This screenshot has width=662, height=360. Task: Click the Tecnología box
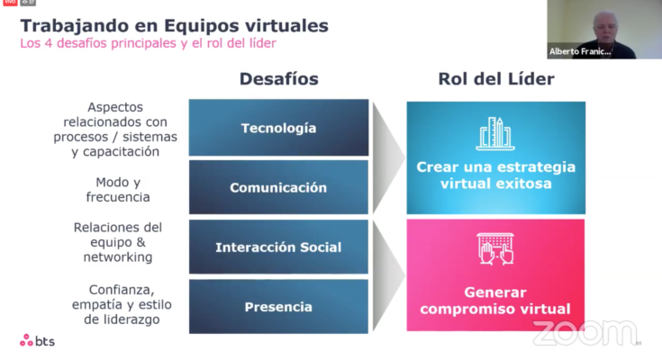click(278, 128)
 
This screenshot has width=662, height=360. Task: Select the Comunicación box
click(278, 187)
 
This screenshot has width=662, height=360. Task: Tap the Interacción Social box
click(278, 247)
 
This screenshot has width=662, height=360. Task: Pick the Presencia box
click(278, 306)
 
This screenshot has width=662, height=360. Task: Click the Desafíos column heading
click(279, 79)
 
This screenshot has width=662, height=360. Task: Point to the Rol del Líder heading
click(496, 79)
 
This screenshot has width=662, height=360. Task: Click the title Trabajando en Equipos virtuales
click(175, 26)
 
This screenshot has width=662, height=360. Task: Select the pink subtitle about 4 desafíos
click(149, 43)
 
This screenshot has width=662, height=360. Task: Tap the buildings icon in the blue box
click(495, 133)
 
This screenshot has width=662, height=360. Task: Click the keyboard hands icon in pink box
click(495, 248)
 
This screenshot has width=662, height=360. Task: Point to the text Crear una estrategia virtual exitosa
click(495, 175)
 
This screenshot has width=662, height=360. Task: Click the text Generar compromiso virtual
click(495, 301)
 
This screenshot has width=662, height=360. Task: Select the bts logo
click(37, 340)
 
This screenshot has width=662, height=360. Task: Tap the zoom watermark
click(585, 333)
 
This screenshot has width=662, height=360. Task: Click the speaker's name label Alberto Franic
click(580, 51)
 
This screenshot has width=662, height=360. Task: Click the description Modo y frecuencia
click(118, 190)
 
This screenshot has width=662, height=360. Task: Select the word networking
click(118, 257)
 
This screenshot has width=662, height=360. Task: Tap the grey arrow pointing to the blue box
click(387, 157)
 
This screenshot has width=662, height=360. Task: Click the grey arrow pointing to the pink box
click(387, 275)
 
